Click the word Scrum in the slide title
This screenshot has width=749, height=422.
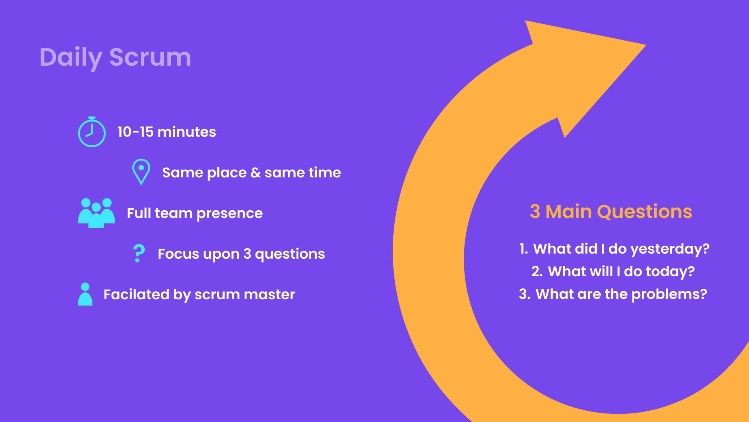[150, 57]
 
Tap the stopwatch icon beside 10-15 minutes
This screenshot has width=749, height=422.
[92, 132]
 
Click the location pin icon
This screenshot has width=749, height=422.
[141, 172]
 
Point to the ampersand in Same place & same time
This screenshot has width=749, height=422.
[256, 173]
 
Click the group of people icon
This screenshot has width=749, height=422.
[96, 213]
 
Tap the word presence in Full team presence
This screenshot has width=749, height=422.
[229, 214]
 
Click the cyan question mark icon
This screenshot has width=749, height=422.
[138, 253]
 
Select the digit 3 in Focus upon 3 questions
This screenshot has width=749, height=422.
[247, 254]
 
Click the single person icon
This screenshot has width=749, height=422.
[85, 294]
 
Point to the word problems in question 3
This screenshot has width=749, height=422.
[666, 295]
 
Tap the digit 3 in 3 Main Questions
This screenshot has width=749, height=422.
[535, 212]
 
